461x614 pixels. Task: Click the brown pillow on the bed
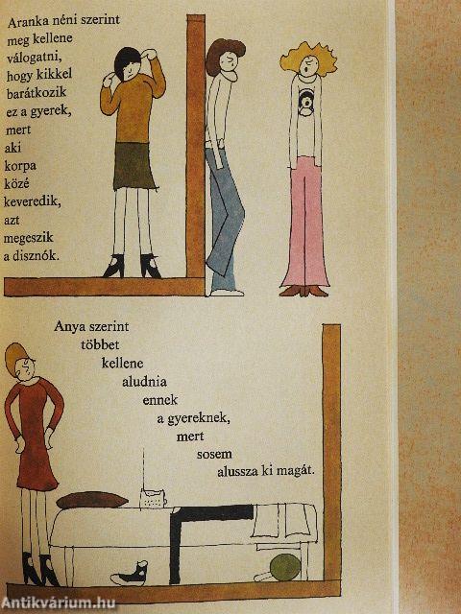point(92,501)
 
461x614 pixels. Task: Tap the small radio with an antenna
point(155,497)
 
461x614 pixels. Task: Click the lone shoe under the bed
point(131,576)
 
